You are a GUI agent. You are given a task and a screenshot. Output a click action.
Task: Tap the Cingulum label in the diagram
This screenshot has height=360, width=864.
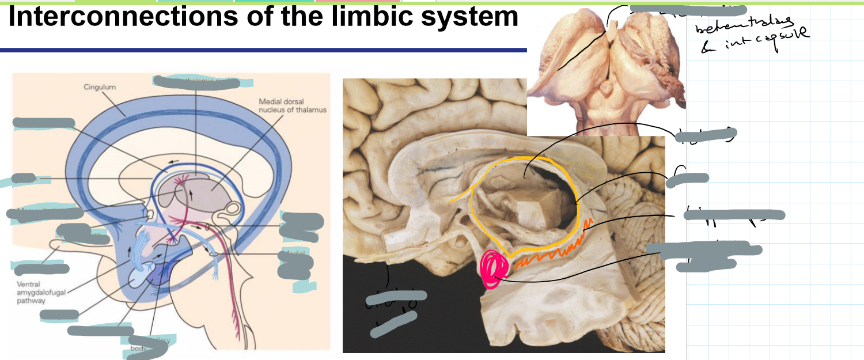pos(100,87)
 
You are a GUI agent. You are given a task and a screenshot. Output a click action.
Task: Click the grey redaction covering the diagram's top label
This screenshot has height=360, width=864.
pos(196,82)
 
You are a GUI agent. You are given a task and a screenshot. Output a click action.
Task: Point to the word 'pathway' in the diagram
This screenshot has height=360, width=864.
pos(33,300)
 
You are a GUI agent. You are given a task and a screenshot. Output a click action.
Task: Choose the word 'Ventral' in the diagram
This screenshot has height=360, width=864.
pos(29,284)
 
